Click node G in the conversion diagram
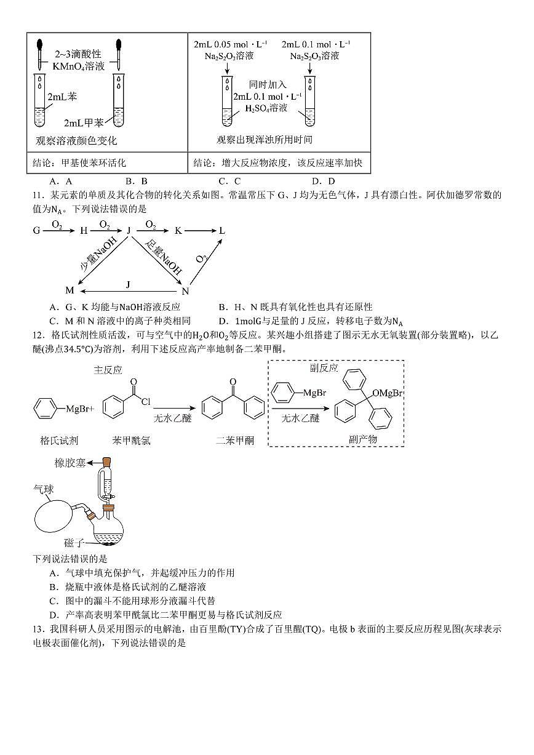[x=37, y=230]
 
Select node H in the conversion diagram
[x=84, y=230]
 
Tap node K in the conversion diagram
[x=178, y=230]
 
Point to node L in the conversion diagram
[x=222, y=230]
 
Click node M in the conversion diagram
[x=70, y=290]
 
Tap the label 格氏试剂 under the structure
[x=60, y=440]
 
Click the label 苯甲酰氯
[x=131, y=440]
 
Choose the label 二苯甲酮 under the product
[x=234, y=440]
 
